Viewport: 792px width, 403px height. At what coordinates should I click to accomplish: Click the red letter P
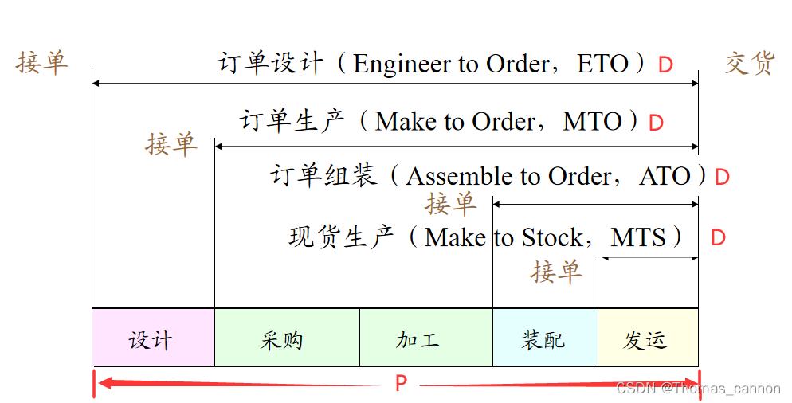tap(401, 384)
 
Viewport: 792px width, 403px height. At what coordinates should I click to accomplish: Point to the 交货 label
tap(750, 63)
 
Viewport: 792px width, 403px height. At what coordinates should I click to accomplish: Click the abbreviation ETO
tap(602, 64)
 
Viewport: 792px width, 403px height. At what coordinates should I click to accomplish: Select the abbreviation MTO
tap(592, 122)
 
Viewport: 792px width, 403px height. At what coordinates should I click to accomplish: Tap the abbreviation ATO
tap(665, 176)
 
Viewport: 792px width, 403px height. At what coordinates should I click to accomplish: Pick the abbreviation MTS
tap(637, 237)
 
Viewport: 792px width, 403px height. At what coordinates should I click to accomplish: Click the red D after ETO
tap(665, 65)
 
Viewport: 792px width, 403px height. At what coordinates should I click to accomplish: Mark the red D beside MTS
tap(718, 238)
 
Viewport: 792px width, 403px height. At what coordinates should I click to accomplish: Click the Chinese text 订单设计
tap(270, 63)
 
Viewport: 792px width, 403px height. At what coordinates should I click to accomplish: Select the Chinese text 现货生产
tap(341, 237)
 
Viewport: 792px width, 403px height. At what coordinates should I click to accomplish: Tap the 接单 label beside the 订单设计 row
tap(41, 63)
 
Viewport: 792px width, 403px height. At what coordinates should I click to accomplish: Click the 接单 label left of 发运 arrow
tap(556, 272)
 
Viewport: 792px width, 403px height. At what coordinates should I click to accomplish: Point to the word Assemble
tap(457, 176)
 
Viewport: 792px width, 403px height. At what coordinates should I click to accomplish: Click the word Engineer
tap(396, 65)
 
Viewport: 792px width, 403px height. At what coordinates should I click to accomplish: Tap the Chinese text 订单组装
tap(323, 175)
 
